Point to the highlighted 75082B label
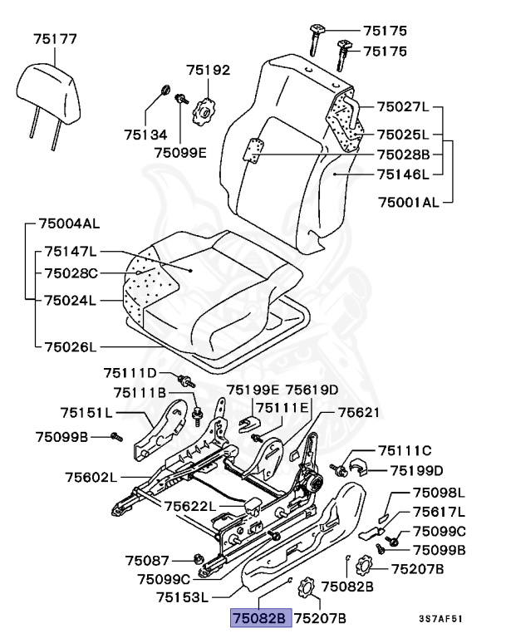pos(258,618)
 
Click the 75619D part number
pos(312,389)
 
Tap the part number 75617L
pos(439,511)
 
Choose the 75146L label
pos(403,174)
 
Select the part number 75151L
pos(86,412)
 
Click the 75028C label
pos(71,272)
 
